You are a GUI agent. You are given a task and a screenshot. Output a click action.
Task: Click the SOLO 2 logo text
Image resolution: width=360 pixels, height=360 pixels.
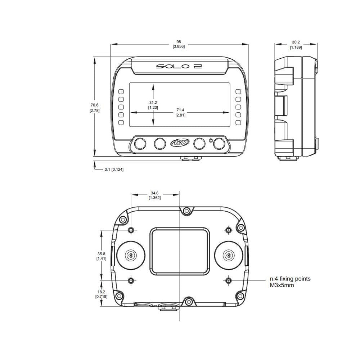point(178,67)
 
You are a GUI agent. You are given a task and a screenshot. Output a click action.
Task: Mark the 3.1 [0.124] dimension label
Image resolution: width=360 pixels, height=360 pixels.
point(114,169)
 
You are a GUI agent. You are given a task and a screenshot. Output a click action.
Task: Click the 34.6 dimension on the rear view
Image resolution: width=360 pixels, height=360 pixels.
point(155,195)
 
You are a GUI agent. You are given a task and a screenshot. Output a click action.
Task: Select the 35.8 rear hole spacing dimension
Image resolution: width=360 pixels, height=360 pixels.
point(101,256)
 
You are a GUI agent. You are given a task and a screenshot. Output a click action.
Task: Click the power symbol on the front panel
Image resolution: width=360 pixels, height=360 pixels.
point(211,140)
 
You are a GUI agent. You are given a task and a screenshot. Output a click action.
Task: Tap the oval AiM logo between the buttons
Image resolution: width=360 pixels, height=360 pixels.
point(179,144)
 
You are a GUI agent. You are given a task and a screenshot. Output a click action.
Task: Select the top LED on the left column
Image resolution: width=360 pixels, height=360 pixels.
point(121,91)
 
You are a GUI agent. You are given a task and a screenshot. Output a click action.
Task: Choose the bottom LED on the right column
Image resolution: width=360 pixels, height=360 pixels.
point(238,123)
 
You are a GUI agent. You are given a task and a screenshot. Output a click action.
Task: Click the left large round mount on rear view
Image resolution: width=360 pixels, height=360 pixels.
point(130,255)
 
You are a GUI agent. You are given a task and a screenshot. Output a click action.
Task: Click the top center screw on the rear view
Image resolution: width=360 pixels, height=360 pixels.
point(186,211)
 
